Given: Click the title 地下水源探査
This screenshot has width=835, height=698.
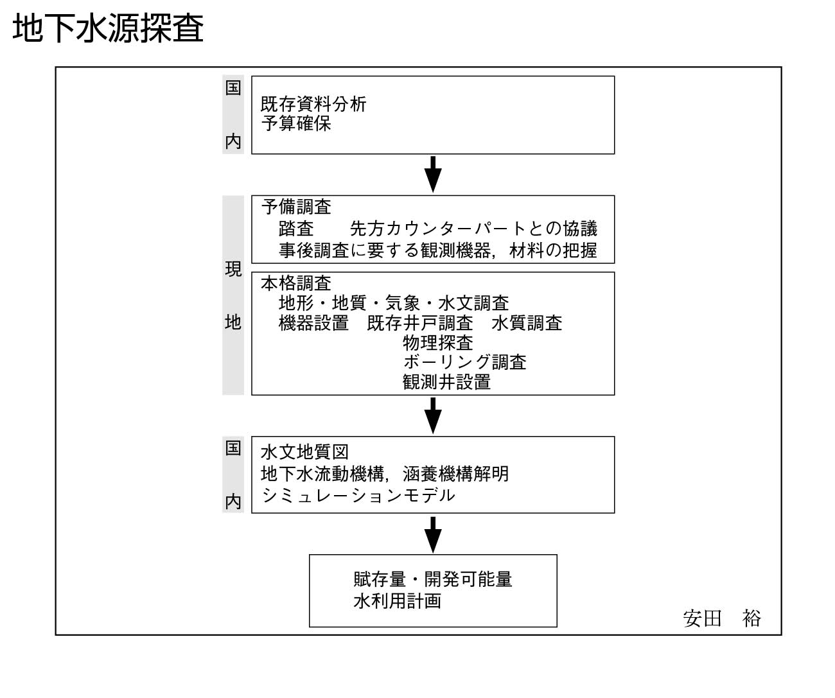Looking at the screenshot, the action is (x=108, y=28).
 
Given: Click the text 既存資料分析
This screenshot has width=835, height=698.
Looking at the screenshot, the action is (x=313, y=104).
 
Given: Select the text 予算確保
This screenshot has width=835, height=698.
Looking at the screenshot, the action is (x=296, y=123).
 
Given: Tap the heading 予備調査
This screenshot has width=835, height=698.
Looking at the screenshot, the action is (x=296, y=207).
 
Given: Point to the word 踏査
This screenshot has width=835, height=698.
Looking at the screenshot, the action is (x=296, y=228).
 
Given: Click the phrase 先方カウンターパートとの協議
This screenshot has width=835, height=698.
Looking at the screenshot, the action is (x=473, y=228).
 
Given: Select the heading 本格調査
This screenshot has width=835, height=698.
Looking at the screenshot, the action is (x=296, y=283).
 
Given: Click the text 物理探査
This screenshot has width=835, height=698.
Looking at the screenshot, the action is (x=438, y=343).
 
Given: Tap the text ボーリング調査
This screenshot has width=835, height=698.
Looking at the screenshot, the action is (x=464, y=362).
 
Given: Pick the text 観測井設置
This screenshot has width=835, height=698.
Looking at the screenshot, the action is (x=446, y=382).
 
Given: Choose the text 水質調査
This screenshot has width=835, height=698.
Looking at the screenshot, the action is (x=527, y=323).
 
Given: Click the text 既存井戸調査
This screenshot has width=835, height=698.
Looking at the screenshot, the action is (x=420, y=323).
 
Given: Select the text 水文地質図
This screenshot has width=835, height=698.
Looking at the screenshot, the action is (x=304, y=451).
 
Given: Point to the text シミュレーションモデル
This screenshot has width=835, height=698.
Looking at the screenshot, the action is (x=358, y=495).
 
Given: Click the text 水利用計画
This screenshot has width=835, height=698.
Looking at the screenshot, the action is (x=398, y=601).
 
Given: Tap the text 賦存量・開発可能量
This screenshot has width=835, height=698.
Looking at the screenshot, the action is (x=433, y=579).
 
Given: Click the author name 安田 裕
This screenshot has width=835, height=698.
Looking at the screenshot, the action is (x=721, y=618).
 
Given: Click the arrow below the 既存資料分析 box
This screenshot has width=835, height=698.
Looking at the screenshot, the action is (x=433, y=174).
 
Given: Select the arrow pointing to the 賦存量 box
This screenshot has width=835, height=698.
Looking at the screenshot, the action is (x=433, y=535).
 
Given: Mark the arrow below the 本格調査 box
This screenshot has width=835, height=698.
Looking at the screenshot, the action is (x=433, y=415).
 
